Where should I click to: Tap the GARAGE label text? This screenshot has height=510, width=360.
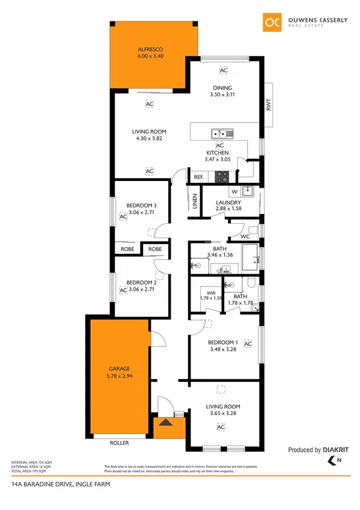(120, 368)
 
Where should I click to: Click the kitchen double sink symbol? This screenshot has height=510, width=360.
(218, 133)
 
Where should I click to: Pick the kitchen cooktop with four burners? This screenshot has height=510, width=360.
(222, 177)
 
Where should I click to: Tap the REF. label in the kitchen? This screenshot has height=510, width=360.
(198, 177)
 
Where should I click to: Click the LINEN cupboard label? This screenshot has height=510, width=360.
(195, 201)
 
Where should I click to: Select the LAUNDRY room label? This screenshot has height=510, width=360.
(229, 202)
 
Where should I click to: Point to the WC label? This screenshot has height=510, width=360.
(245, 236)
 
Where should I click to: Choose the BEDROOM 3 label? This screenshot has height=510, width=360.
(142, 205)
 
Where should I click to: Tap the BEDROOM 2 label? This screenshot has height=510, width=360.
(142, 283)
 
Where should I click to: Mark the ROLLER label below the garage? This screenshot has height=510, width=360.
(120, 443)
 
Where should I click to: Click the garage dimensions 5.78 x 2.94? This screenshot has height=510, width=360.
(120, 376)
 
